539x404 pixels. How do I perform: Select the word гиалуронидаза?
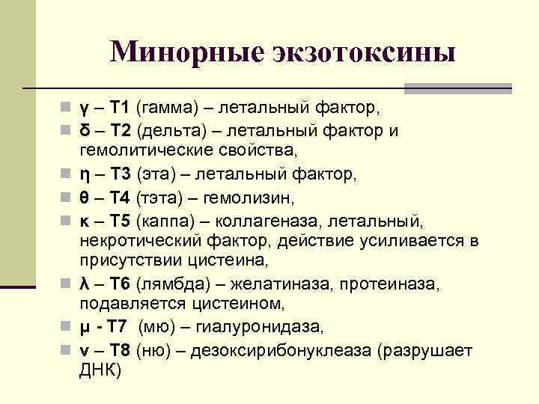pyautogui.click(x=261, y=328)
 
